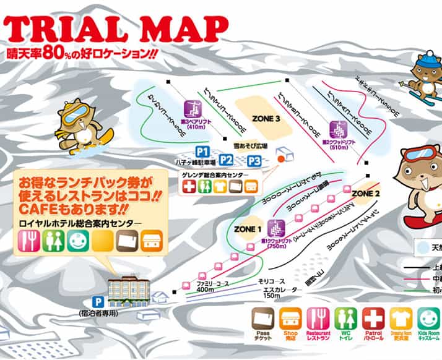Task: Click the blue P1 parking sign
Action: (x=202, y=151)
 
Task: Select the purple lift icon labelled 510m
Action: (x=336, y=130)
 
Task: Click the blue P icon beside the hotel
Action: (x=96, y=301)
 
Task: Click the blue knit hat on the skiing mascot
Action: (x=427, y=61)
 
